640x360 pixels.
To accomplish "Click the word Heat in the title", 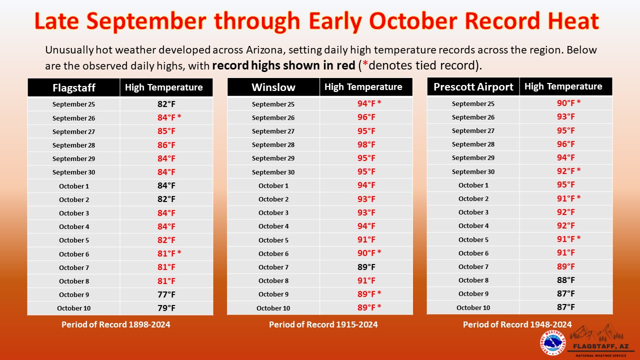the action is pos(573,21).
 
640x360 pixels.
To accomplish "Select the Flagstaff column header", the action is pos(74,87).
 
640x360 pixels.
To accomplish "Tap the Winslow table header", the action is pos(273,87).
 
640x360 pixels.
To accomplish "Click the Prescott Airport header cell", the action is pos(473,86).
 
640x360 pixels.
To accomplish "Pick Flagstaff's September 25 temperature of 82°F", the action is pos(166,104).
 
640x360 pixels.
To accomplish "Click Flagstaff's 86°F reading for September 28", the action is pos(166,145).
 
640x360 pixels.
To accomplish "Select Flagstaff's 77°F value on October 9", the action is pos(166,294).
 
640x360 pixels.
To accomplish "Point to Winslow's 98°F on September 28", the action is pos(366,144).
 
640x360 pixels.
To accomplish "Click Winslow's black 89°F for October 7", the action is pos(366,267).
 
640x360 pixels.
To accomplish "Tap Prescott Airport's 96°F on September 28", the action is pos(565,144).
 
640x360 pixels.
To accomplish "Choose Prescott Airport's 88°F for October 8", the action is pos(565,280).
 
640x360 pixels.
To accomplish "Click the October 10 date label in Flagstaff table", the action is pos(73,308).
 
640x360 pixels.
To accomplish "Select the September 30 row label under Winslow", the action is pos(273,172).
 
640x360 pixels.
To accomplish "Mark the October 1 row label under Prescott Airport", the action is pos(473,185).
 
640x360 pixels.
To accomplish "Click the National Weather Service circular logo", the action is pos(553,342).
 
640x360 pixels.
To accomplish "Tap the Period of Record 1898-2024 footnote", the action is pos(115,324).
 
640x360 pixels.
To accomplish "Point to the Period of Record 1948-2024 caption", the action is pos(517,324).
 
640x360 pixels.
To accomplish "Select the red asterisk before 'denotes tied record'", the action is pos(365,64).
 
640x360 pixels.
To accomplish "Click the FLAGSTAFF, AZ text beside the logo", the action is pos(601,346).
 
